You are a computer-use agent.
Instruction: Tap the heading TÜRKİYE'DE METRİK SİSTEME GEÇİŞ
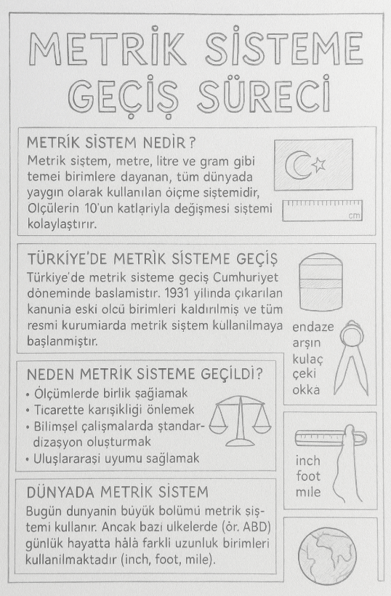pos(151,260)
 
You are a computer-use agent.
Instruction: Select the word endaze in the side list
pos(313,327)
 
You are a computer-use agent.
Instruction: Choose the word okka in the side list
pos(306,390)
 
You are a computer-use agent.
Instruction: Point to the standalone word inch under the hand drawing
pos(307,461)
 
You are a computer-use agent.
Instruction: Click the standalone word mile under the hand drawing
pos(308,493)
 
